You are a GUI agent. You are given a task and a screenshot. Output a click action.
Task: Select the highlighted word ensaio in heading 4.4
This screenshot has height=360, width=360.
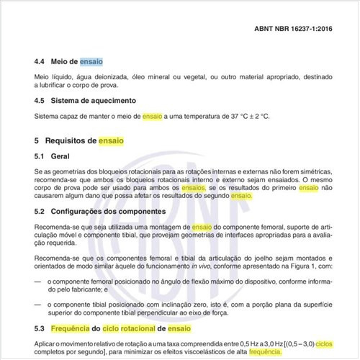91,63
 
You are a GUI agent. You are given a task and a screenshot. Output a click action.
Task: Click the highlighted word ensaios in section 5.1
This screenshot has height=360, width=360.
193,187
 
